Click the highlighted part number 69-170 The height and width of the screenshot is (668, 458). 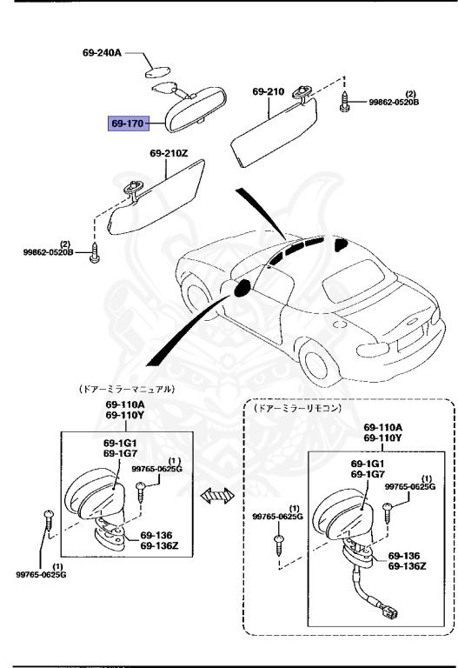pyautogui.click(x=127, y=124)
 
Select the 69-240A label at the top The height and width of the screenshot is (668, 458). pyautogui.click(x=102, y=53)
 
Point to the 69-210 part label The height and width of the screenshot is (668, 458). pyautogui.click(x=269, y=91)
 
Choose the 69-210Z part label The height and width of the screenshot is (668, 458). pyautogui.click(x=167, y=154)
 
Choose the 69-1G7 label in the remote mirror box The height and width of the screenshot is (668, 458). pyautogui.click(x=368, y=474)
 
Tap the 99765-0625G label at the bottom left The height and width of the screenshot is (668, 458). pyautogui.click(x=42, y=574)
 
